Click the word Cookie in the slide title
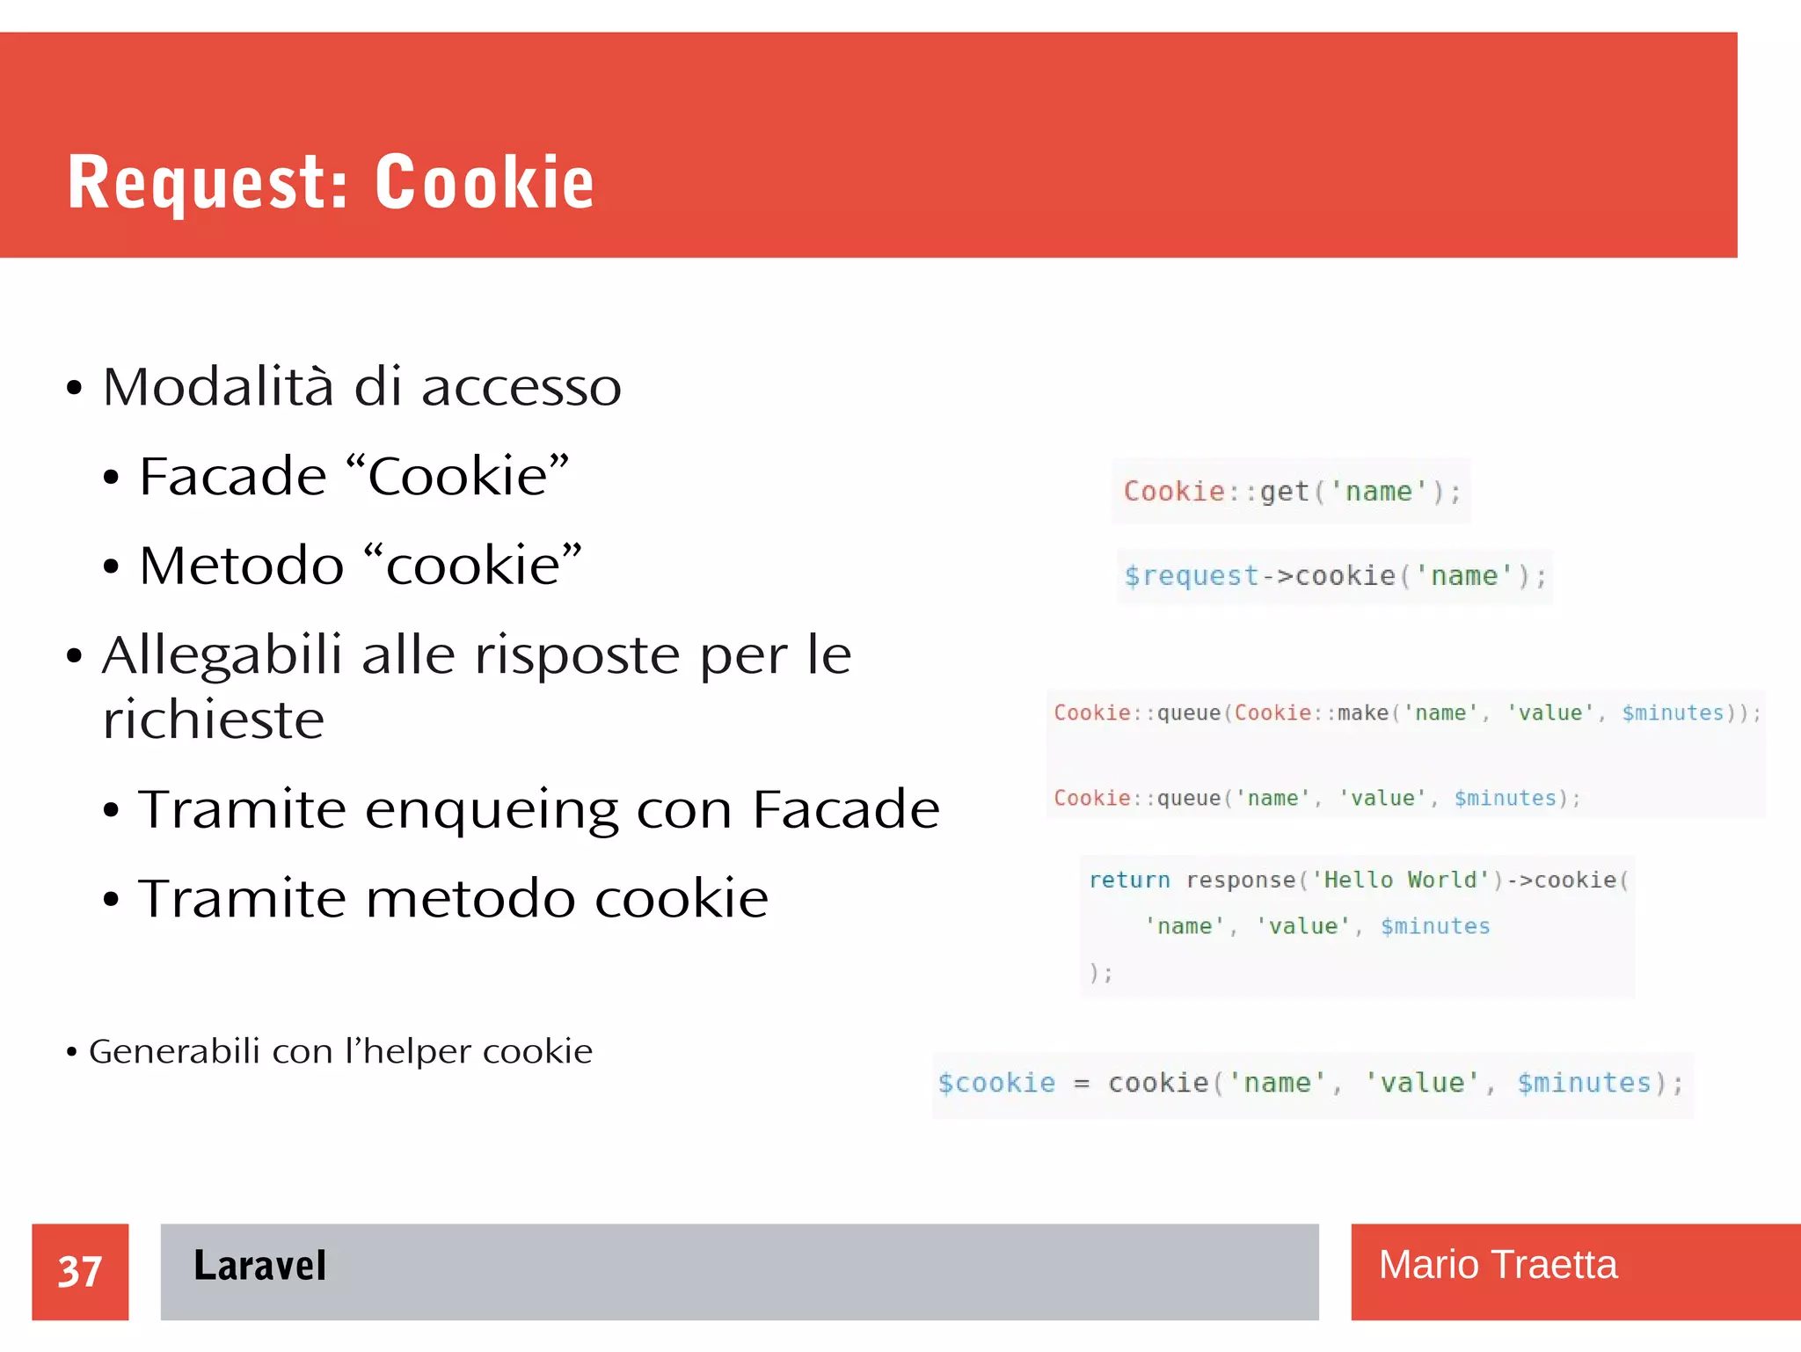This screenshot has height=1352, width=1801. pos(485,182)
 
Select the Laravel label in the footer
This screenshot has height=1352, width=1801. pos(259,1266)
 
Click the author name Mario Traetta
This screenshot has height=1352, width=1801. pos(1497,1265)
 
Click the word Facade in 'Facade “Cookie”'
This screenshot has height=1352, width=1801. pos(233,477)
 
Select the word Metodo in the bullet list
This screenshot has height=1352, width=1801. pos(241,566)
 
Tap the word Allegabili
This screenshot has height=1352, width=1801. pos(222,656)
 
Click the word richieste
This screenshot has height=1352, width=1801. pos(214,720)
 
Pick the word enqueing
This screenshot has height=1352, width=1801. pos(492,810)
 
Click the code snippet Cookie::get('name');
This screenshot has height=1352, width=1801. pos(1291,491)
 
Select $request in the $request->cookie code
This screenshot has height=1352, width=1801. pos(1192,576)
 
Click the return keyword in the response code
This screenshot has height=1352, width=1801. pos(1129,880)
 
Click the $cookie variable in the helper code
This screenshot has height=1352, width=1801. pos(996,1083)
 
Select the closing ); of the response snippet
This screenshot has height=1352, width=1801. pos(1101,973)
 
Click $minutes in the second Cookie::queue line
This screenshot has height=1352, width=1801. pos(1505,798)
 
